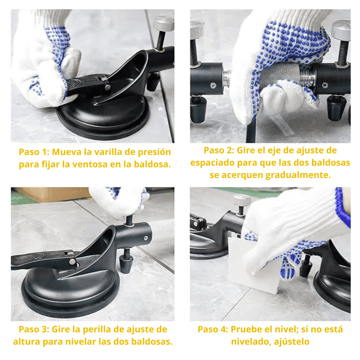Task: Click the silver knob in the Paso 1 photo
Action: [x=164, y=24]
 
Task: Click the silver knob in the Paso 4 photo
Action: [x=242, y=200]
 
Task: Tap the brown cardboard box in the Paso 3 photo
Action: [x=50, y=194]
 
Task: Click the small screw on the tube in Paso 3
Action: [x=146, y=238]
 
